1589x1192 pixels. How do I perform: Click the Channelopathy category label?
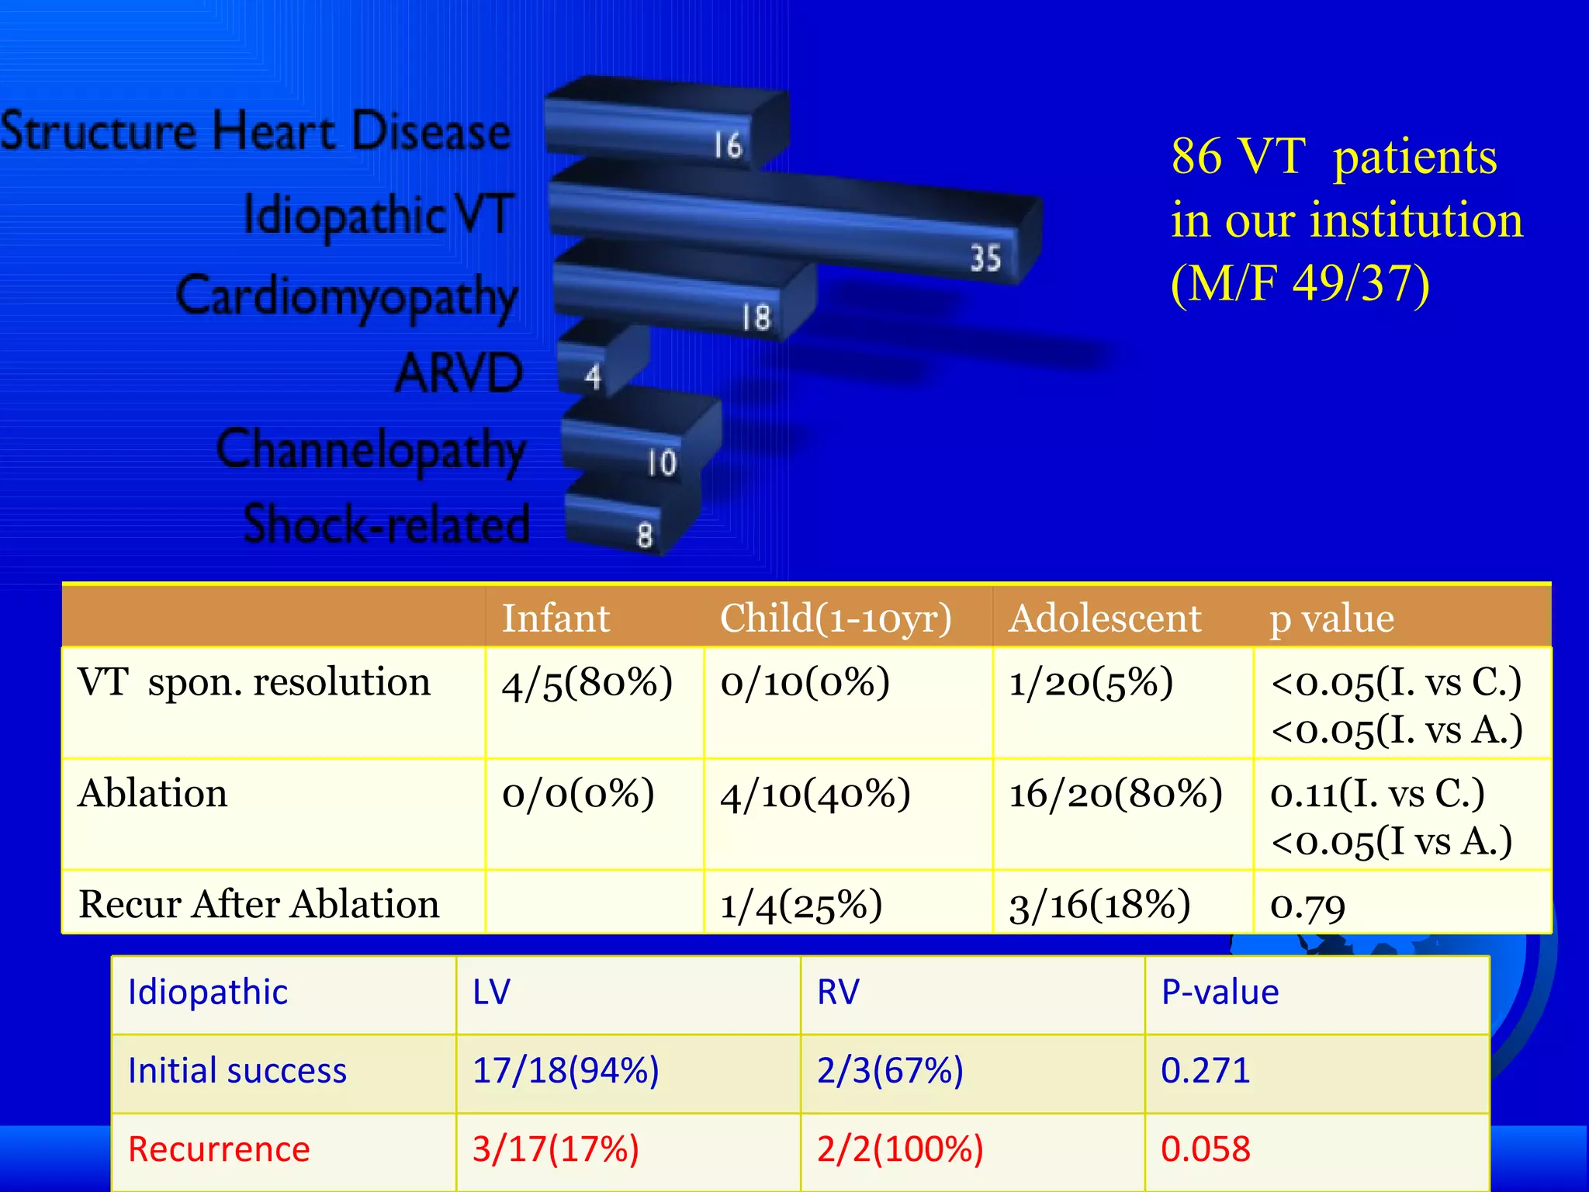click(371, 450)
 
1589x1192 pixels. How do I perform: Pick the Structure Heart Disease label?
click(256, 130)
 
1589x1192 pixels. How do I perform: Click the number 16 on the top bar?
click(728, 145)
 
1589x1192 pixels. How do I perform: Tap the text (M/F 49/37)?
click(1300, 283)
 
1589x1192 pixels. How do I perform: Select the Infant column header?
click(556, 618)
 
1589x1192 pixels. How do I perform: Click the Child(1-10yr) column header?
click(836, 618)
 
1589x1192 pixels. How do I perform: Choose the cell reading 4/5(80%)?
click(587, 684)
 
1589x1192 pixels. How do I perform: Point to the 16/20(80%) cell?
click(1116, 794)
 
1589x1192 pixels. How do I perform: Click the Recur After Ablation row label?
click(259, 904)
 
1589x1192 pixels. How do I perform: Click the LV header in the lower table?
click(492, 993)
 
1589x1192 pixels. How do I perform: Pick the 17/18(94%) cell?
click(566, 1071)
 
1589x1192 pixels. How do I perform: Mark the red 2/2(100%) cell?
click(900, 1149)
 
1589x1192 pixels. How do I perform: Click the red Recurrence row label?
click(219, 1149)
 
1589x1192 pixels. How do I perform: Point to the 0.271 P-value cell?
click(1206, 1071)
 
